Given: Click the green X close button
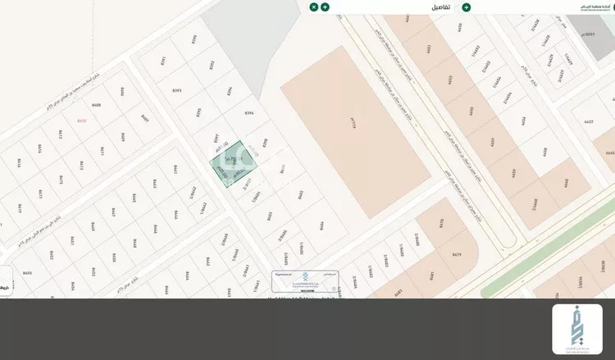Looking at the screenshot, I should click(x=314, y=7).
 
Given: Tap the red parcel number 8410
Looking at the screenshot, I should click(x=81, y=121).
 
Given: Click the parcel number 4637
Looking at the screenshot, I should click(x=587, y=122).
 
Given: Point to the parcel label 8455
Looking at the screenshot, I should click(x=27, y=273).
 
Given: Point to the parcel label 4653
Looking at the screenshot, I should click(x=450, y=80).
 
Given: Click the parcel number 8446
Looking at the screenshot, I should click(x=134, y=244).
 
